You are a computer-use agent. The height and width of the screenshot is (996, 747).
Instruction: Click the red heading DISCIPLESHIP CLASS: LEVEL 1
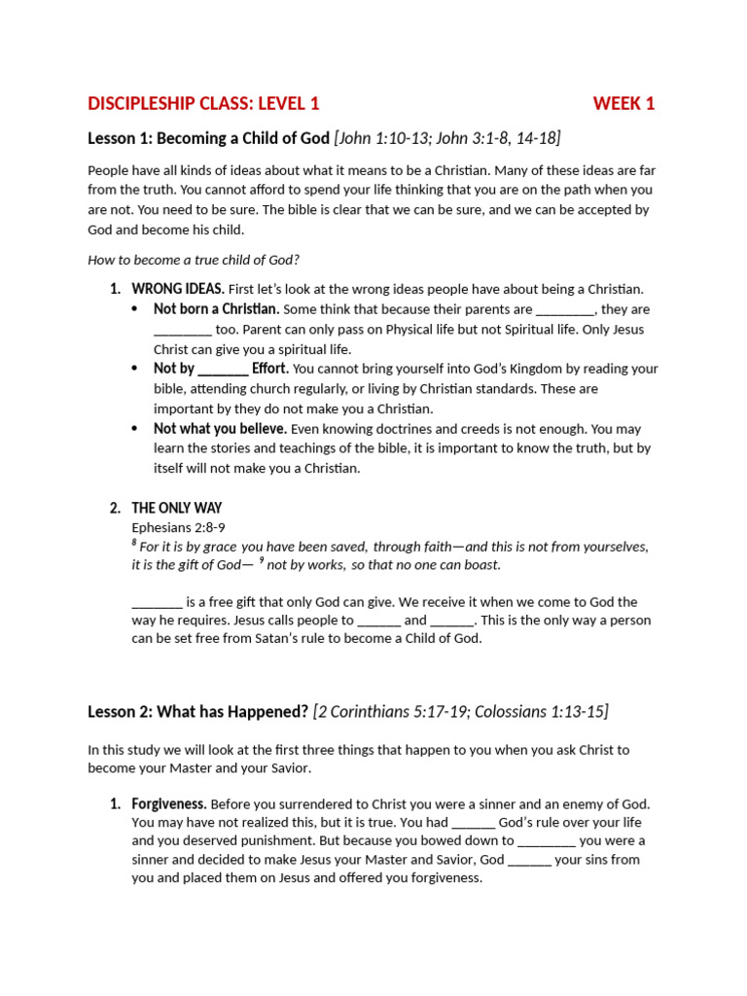click(x=203, y=103)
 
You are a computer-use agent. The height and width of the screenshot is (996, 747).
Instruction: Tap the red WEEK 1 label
click(x=623, y=103)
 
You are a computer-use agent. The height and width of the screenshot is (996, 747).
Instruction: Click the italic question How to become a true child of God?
click(x=193, y=260)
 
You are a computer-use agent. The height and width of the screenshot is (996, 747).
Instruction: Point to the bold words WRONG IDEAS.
click(x=178, y=289)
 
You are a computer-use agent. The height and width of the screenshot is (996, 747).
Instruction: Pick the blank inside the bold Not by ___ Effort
click(x=223, y=369)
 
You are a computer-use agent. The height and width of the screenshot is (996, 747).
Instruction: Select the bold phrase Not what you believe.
click(x=220, y=428)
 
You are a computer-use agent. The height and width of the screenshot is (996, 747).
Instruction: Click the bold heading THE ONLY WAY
click(x=177, y=508)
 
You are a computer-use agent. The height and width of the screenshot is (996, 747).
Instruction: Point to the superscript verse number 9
click(x=261, y=561)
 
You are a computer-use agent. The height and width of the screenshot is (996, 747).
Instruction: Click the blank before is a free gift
click(x=157, y=602)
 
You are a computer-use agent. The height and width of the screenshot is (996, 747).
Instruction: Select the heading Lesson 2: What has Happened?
click(x=198, y=712)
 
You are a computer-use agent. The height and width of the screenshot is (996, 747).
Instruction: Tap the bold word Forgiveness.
click(x=169, y=803)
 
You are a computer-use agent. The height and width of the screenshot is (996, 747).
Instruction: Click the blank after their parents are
click(x=564, y=309)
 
